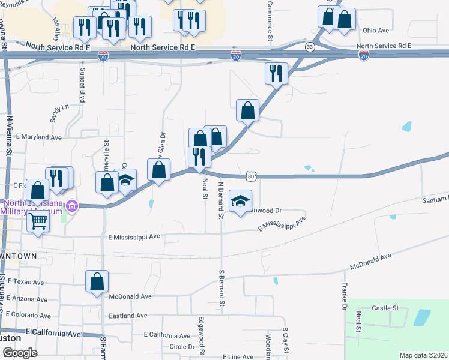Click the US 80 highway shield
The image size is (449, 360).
251,176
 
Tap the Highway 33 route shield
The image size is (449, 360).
310,46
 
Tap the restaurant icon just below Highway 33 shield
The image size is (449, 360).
276,74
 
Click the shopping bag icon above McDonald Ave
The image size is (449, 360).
97,281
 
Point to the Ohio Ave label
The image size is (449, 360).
376,30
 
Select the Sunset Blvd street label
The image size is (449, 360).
83,85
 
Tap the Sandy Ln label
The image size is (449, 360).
60,112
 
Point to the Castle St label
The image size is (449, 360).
385,308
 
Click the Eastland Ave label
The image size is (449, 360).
128,316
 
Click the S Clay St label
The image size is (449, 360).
286,341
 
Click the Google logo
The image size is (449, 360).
20,352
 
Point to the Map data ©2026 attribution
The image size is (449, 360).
423,355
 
